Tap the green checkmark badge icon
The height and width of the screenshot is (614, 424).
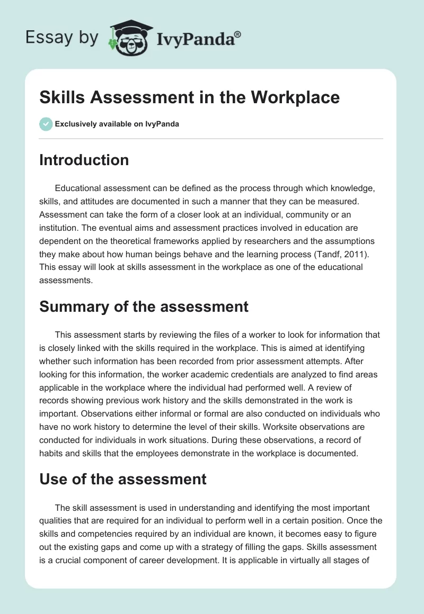46,124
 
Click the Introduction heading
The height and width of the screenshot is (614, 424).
84,160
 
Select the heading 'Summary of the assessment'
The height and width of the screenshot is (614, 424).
144,306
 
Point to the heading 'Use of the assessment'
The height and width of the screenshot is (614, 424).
122,479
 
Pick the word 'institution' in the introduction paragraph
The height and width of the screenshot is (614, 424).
58,229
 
